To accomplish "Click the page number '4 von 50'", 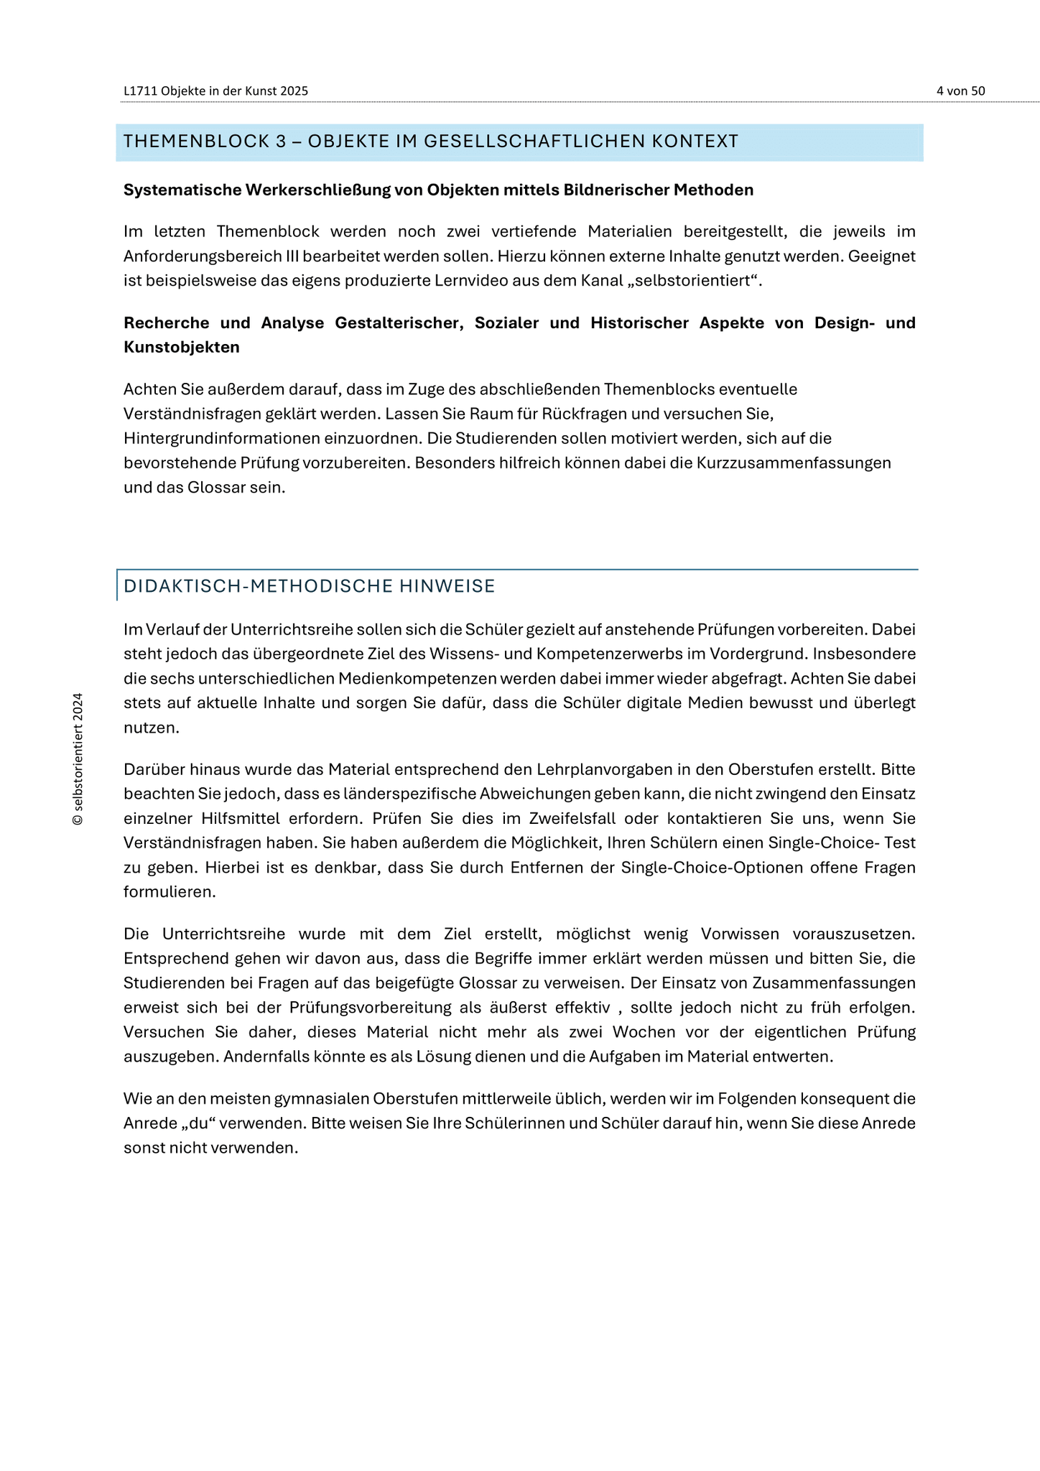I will [x=960, y=91].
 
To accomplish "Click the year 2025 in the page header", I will [x=295, y=91].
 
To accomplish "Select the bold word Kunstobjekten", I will [x=181, y=347].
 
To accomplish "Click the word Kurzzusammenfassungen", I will [x=794, y=463].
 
